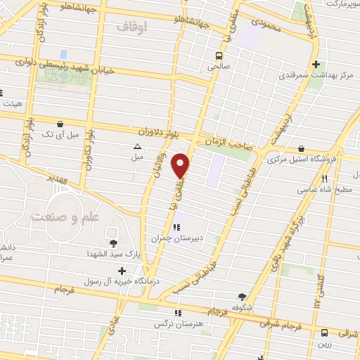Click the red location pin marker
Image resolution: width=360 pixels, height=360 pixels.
tap(181, 165)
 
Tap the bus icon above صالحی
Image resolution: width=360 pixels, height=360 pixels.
tap(219, 55)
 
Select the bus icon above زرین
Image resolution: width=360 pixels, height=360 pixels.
tap(324, 333)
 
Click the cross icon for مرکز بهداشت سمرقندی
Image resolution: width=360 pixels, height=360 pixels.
tap(316, 63)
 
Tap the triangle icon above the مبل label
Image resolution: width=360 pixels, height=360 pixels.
tap(137, 146)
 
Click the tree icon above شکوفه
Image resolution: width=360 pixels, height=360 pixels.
tap(243, 297)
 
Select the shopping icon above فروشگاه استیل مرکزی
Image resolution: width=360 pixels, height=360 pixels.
tap(300, 149)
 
